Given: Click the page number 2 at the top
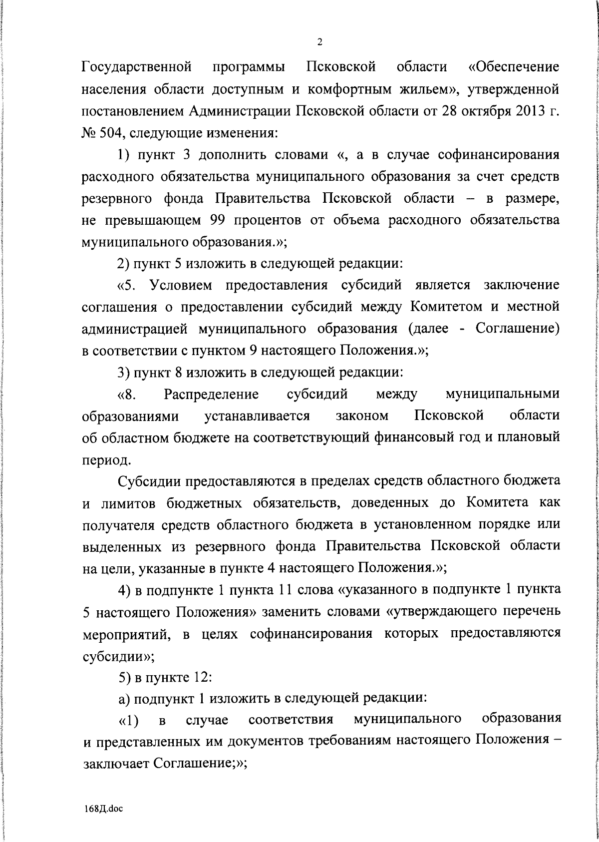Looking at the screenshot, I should click(x=319, y=41).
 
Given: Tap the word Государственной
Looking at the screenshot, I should click(x=137, y=66).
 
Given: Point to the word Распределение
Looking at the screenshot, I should click(x=211, y=395).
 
